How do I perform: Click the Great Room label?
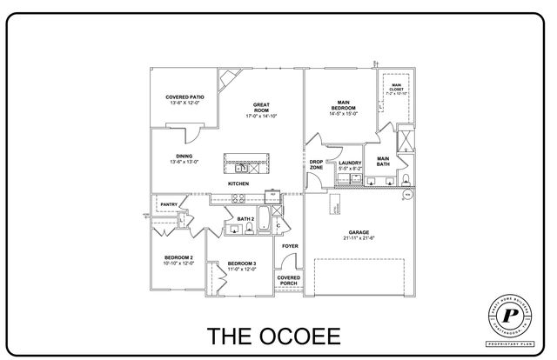[260, 108]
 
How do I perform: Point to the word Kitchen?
[238, 184]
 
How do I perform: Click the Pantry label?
[170, 205]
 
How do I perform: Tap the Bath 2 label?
[245, 218]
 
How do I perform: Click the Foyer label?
[290, 246]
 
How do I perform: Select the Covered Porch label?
[289, 281]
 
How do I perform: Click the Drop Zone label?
[317, 164]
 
